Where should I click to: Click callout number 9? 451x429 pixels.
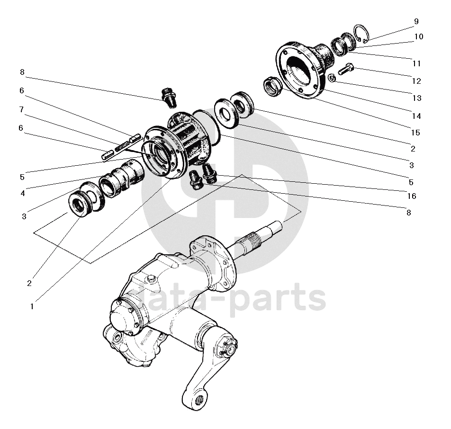[x=416, y=22]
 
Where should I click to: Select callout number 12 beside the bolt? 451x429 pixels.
[x=417, y=81]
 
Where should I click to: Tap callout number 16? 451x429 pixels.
[x=411, y=196]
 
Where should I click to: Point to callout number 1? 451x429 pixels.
[x=32, y=306]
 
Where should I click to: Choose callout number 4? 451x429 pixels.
[x=22, y=193]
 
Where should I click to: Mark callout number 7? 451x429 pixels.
[x=22, y=109]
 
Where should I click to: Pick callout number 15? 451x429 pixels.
[x=415, y=133]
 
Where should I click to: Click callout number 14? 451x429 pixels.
[x=416, y=116]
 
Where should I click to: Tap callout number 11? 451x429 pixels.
[x=416, y=63]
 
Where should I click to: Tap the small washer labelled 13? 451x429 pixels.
[x=332, y=78]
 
